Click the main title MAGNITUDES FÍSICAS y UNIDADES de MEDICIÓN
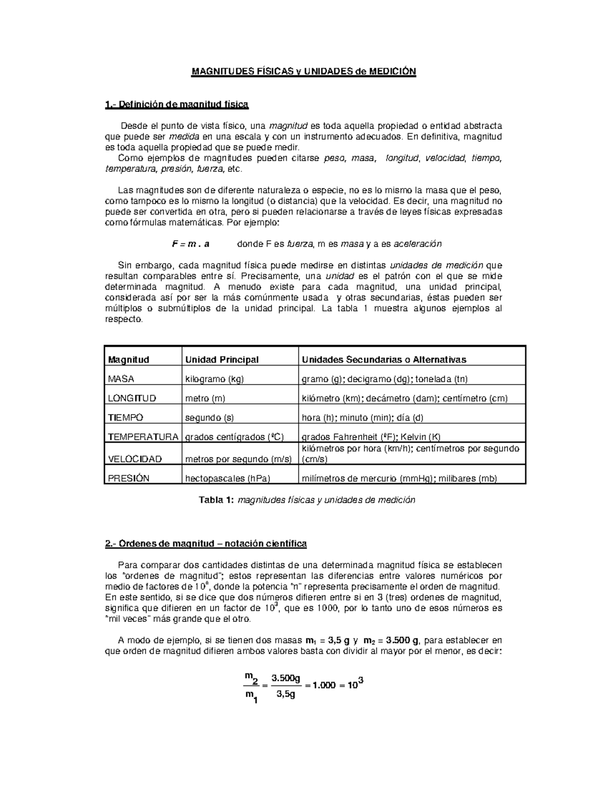click(x=303, y=71)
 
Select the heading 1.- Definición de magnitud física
click(x=176, y=105)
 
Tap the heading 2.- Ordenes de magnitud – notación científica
click(x=206, y=544)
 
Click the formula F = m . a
click(x=191, y=244)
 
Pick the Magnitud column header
click(x=128, y=360)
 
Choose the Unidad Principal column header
click(x=222, y=360)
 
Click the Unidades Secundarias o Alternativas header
click(x=384, y=360)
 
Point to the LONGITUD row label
click(x=132, y=398)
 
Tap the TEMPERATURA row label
click(x=143, y=437)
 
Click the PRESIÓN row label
click(x=128, y=478)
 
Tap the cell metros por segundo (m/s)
click(x=238, y=459)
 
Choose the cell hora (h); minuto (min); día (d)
click(x=362, y=418)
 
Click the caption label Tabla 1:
click(x=216, y=500)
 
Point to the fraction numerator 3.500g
click(x=286, y=678)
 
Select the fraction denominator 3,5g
click(x=286, y=694)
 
